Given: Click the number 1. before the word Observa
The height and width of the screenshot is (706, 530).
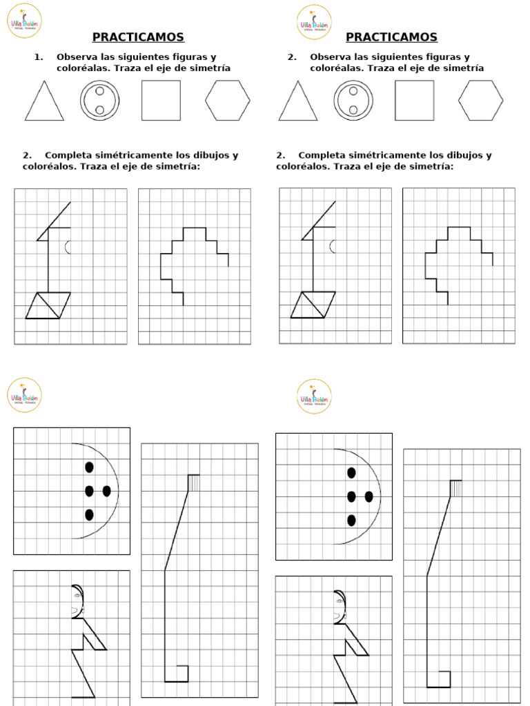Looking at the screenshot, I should coord(38,57).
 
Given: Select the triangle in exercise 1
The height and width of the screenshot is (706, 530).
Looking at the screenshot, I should coord(44,104).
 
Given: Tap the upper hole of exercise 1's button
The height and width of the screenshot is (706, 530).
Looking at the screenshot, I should coord(99,91).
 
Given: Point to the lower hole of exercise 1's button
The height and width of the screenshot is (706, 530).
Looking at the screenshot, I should coord(99,110).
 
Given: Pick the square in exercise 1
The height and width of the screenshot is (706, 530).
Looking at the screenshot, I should coord(161,101).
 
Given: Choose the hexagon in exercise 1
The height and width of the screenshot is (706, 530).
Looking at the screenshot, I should coord(227,101).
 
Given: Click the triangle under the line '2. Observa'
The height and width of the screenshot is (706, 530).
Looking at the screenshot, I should coord(298,104).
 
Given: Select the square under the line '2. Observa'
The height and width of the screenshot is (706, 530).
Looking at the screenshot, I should coord(415,101).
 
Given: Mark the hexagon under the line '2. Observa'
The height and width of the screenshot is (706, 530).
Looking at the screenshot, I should coord(481,101).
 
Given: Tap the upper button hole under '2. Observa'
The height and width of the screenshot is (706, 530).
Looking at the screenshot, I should coord(353,91).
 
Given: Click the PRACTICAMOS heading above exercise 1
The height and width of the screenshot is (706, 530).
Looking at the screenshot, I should coord(139,37).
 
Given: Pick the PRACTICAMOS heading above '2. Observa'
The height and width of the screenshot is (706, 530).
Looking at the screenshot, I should coord(391,37).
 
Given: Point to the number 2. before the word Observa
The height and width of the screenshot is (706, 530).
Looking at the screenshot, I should coord(292,57).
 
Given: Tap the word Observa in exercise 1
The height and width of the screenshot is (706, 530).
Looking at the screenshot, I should coord(78,57).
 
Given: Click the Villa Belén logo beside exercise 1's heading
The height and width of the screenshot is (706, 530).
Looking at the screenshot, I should coord(24,22).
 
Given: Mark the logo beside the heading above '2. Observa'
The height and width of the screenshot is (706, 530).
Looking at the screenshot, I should coord(314,22).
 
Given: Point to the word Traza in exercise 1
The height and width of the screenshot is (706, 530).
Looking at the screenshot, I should coord(127,68).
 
